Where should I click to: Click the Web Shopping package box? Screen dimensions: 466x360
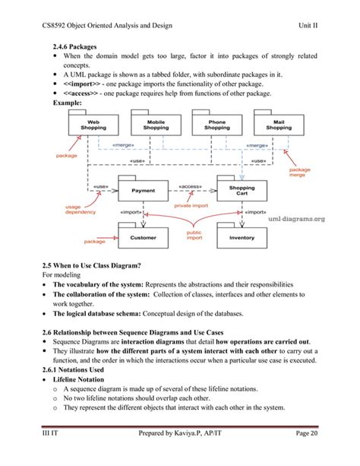pyautogui.click(x=93, y=125)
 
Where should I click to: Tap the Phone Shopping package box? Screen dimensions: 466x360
pyautogui.click(x=216, y=125)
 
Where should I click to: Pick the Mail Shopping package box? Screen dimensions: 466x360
pyautogui.click(x=279, y=125)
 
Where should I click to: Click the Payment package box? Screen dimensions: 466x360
pyautogui.click(x=143, y=191)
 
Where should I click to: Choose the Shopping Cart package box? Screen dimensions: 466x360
pyautogui.click(x=242, y=191)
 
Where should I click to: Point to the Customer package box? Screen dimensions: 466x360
pyautogui.click(x=143, y=237)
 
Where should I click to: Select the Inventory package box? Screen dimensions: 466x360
pyautogui.click(x=242, y=237)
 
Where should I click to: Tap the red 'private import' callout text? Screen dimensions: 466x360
pyautogui.click(x=192, y=205)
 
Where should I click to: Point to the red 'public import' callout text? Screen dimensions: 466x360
pyautogui.click(x=194, y=236)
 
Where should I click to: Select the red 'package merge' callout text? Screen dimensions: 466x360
pyautogui.click(x=299, y=173)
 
